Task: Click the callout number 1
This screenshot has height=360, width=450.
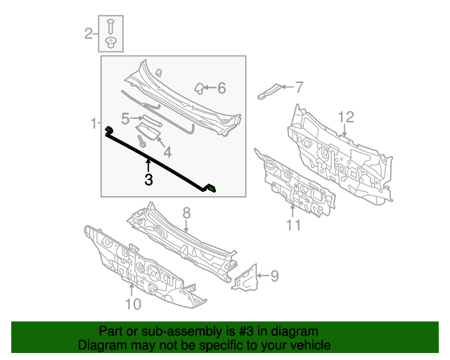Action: tap(94, 124)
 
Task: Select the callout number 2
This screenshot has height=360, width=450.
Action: tap(89, 32)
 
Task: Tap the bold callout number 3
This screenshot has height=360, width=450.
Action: tap(148, 180)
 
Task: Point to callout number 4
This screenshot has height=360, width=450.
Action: tap(167, 151)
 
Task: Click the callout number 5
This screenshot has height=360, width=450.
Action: tap(124, 118)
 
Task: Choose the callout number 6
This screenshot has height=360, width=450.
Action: tap(221, 88)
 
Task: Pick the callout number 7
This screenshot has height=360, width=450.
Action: tap(299, 87)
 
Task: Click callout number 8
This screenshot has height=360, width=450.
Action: tap(186, 212)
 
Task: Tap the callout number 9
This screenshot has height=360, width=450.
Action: tap(274, 276)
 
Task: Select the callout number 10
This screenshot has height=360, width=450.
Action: tap(133, 304)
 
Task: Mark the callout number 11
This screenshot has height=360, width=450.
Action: tap(293, 225)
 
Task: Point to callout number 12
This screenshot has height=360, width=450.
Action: tap(345, 117)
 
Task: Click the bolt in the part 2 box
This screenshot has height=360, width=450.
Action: tap(111, 27)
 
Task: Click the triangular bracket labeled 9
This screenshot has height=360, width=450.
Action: tap(246, 278)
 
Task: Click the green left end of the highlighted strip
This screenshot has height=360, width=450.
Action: tap(109, 131)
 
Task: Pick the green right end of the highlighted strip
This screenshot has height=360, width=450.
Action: tap(212, 188)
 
